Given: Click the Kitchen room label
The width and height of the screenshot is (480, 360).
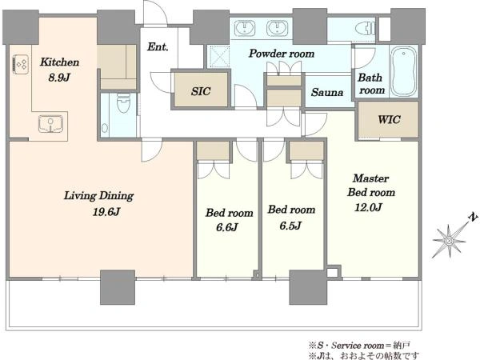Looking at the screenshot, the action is pos(60,62).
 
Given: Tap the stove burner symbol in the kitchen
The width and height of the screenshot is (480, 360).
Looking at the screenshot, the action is pos(21,65).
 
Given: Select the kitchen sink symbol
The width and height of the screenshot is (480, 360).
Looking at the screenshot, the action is pos(51,124).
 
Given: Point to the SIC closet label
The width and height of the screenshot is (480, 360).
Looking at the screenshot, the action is pos(201,91).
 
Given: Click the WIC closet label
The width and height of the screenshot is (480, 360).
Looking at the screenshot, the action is pos(389,119).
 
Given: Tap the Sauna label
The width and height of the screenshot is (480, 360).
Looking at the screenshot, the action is pos(327,93).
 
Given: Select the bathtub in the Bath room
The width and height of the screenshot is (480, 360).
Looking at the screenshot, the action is pos(404,71).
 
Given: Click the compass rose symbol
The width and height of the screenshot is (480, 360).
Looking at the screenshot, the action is pos(449,242).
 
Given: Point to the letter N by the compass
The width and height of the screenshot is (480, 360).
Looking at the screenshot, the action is pos(473,218).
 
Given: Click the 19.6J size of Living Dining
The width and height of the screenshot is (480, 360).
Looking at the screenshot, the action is pos(106,211).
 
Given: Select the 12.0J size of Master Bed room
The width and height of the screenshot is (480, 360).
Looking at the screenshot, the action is pos(368,207).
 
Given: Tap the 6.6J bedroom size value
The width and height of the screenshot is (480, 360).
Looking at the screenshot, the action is pos(227,227).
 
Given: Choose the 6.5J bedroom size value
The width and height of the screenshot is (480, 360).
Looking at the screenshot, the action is pos(290,226).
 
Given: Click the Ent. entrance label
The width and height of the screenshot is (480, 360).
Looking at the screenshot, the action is pos(158,47).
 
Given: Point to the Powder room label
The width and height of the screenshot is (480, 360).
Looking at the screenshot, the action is pos(282,54).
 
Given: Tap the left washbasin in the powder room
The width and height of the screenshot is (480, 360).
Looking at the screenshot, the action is pos(245,28).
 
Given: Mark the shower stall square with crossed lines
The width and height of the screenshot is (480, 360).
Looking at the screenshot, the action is pos(218,56).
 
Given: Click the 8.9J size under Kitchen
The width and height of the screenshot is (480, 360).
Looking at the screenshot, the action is pos(59,77).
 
